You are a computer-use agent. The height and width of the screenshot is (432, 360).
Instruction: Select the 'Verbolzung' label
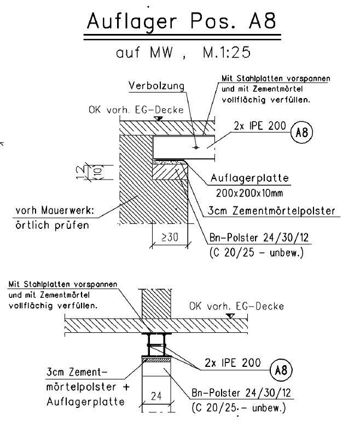156,87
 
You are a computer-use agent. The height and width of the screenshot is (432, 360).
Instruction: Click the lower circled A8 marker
280,371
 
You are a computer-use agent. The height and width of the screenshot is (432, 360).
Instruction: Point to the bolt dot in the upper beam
196,147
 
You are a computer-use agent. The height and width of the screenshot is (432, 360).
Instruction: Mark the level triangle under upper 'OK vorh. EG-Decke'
158,118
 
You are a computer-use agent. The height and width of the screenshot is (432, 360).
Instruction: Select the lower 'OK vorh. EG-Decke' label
236,306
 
